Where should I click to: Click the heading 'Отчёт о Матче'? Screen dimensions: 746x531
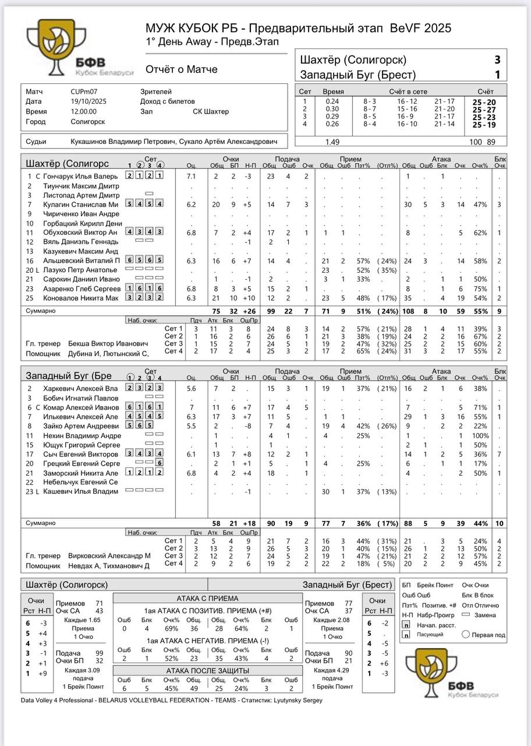tap(181, 69)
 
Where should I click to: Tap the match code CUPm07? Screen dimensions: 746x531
tap(85, 92)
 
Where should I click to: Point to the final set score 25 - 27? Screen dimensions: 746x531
tap(484, 110)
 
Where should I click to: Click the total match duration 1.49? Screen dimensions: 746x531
tap(332, 142)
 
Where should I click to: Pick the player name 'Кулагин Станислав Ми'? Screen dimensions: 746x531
tap(81, 205)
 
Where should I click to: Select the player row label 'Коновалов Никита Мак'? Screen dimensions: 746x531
tap(81, 298)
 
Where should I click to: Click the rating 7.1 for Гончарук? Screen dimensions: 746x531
tap(191, 177)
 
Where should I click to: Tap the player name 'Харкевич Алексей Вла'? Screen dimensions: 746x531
tap(80, 389)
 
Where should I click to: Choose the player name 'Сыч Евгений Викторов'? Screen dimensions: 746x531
tap(80, 454)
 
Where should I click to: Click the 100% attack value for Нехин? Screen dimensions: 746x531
tap(480, 435)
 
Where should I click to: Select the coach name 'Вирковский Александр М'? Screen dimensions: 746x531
tap(109, 556)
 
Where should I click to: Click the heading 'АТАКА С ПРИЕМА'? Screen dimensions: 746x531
tap(207, 599)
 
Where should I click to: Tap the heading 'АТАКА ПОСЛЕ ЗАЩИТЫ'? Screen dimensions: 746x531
tap(207, 670)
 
